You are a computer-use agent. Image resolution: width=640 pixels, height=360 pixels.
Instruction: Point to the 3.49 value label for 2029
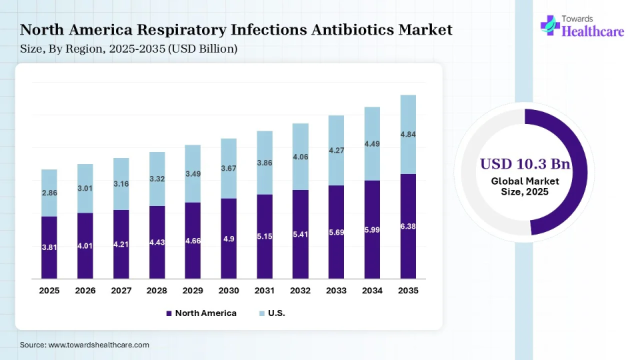click(193, 174)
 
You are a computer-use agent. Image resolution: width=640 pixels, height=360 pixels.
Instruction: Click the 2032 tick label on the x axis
click(300, 291)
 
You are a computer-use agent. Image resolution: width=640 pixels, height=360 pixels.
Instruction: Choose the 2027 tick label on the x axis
click(121, 291)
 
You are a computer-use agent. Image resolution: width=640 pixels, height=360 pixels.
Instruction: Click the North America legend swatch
click(169, 313)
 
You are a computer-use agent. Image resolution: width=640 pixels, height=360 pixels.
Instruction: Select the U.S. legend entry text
click(277, 313)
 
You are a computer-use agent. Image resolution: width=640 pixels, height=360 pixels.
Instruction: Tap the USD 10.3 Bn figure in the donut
click(525, 164)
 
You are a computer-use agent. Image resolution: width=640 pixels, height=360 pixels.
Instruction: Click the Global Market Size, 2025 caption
click(525, 187)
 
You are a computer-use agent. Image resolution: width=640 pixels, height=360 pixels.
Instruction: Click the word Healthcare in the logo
click(593, 31)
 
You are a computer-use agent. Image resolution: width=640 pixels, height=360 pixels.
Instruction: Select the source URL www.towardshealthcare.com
click(99, 345)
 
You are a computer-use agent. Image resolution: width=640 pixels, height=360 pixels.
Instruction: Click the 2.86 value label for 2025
click(49, 192)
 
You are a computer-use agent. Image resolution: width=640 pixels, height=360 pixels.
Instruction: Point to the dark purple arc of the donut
click(580, 167)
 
